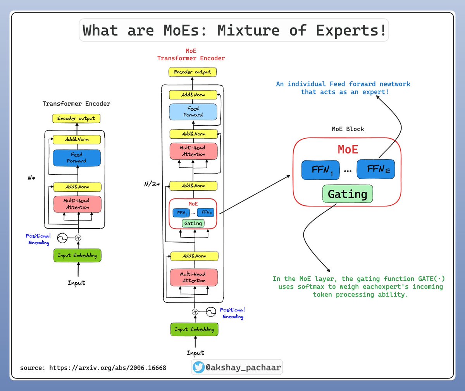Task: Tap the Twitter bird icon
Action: tap(199, 367)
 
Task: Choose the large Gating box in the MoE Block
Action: tap(348, 194)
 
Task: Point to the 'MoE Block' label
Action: tap(348, 129)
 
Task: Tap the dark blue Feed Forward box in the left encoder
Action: tap(77, 158)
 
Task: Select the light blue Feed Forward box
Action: tap(193, 112)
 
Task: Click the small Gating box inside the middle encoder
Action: tap(193, 223)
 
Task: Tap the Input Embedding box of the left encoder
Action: tap(77, 255)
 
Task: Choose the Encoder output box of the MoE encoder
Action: tap(193, 72)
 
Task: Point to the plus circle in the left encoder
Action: tap(78, 238)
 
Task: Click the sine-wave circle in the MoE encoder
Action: tap(211, 311)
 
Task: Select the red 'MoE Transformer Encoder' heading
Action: tap(191, 55)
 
